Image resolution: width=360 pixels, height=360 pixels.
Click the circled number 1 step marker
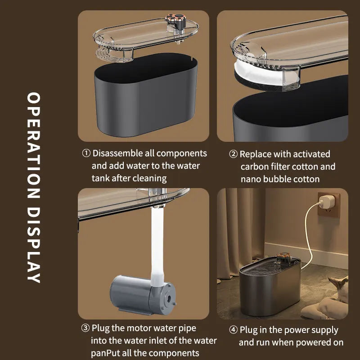[86, 153]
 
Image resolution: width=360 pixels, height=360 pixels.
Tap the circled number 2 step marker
[233, 154]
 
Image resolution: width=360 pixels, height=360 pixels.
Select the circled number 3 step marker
[85, 328]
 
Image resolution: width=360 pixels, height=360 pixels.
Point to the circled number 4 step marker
[233, 330]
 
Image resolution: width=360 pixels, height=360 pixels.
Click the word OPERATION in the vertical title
[34, 145]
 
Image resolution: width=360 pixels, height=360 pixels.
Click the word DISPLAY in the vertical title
[34, 245]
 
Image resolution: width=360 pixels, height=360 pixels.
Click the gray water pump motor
[143, 294]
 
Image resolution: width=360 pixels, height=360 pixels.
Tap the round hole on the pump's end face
[169, 298]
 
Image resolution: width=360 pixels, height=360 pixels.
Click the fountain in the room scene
[270, 284]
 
